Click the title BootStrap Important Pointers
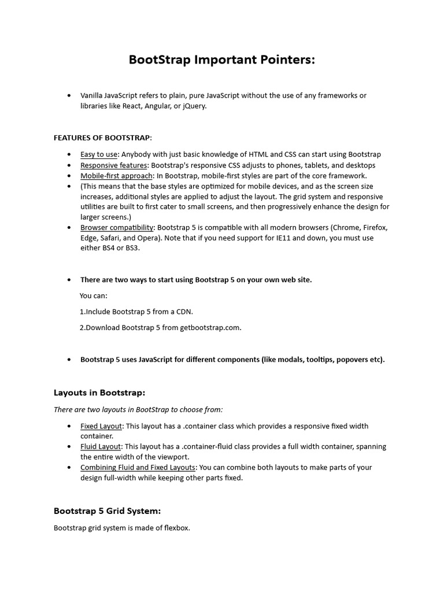tap(222, 61)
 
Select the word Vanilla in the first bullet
tap(92, 95)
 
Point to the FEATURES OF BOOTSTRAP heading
tap(102, 138)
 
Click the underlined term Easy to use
tap(99, 154)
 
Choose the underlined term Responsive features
tap(113, 165)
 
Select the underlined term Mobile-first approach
tap(116, 176)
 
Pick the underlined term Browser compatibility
tap(117, 228)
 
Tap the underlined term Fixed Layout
tap(101, 426)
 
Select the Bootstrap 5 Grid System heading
tap(107, 511)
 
